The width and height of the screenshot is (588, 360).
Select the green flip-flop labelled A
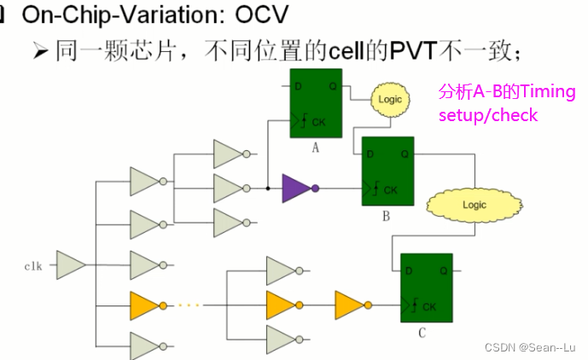point(316,103)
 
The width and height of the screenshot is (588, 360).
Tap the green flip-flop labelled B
point(387,171)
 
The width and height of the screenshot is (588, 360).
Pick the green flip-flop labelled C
point(427,287)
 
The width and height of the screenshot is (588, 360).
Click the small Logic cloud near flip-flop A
point(390,100)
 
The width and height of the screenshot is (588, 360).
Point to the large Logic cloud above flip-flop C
point(474,205)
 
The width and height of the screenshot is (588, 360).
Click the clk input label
point(33,266)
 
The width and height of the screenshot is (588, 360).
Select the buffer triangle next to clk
point(71,265)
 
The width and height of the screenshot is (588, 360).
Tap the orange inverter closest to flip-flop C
point(353,305)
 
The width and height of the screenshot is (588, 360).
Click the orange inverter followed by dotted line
point(148,305)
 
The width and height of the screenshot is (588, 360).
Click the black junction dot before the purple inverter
point(268,189)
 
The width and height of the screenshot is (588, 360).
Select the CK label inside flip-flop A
point(319,122)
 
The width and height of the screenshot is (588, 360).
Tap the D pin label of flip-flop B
point(370,154)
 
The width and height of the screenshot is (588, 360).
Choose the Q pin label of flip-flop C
point(444,270)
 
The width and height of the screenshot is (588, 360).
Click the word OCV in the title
point(262,15)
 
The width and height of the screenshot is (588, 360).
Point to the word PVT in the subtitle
point(413,50)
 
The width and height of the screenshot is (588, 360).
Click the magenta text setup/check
point(488,115)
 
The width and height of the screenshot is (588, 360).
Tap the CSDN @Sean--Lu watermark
point(530,347)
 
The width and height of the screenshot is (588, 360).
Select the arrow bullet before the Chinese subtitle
point(40,51)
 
